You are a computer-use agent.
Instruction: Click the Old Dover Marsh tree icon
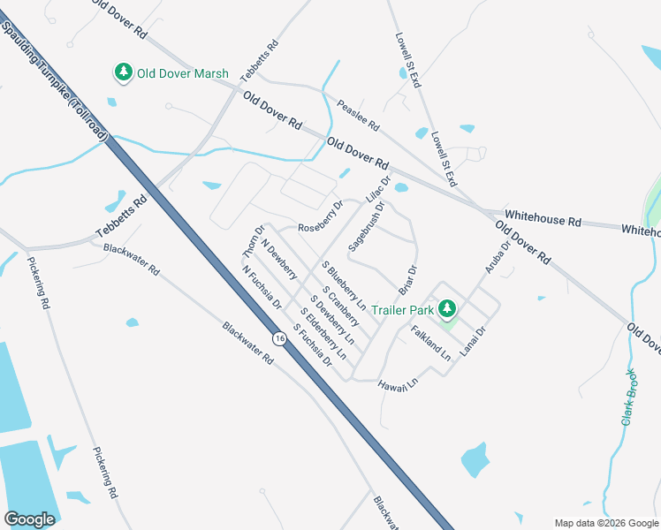point(123,73)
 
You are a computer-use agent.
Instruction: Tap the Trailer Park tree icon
point(447,309)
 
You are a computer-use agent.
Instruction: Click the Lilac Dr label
point(377,187)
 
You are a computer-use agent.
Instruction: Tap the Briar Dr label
point(407,282)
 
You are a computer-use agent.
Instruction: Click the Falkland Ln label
point(431,343)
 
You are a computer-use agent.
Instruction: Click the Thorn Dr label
point(254,241)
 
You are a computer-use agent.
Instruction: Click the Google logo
point(29,519)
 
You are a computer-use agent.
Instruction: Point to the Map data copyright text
point(605,523)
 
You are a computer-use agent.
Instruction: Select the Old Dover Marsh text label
point(182,73)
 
